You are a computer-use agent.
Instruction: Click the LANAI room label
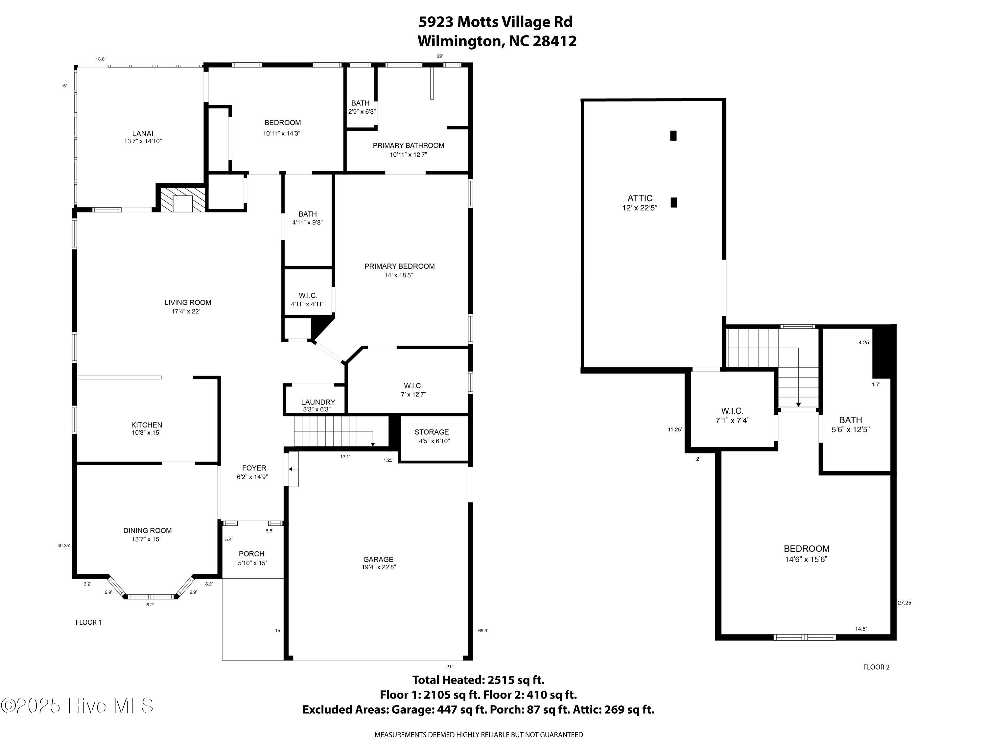coord(143,133)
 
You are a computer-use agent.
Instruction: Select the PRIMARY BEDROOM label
coord(399,266)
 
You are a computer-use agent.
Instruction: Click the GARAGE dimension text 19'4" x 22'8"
coord(378,567)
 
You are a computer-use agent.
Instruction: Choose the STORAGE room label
coord(432,432)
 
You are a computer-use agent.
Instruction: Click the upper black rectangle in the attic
coord(673,135)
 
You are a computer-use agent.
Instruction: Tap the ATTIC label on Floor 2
coord(640,198)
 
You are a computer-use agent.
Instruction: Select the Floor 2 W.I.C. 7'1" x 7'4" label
coord(732,415)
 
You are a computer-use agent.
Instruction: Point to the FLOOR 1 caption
coord(88,622)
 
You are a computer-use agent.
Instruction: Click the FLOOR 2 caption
coord(876,667)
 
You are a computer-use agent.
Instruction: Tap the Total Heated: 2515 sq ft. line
coord(478,680)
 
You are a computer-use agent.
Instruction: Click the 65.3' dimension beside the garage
coord(483,631)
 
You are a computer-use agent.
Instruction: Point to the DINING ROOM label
coord(147,530)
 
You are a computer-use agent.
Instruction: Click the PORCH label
coord(251,554)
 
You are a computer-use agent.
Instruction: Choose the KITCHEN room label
coord(147,425)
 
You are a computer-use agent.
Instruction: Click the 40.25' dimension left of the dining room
coord(63,545)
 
